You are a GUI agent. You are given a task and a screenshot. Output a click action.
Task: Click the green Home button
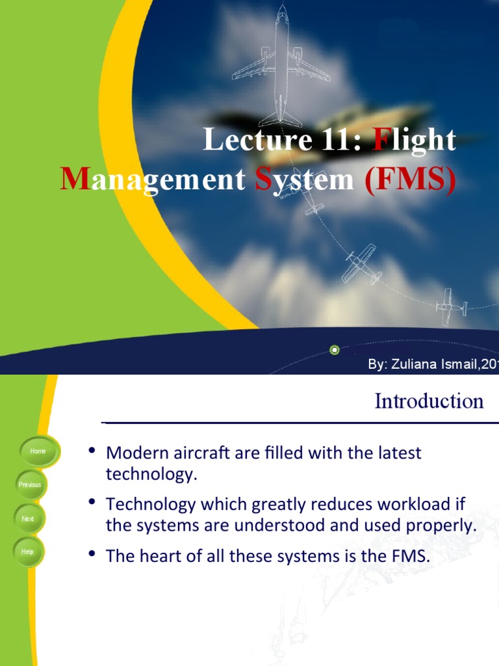[x=38, y=451]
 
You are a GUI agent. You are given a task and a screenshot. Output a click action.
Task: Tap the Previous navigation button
[x=30, y=485]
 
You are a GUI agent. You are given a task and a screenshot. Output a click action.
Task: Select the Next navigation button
[x=28, y=519]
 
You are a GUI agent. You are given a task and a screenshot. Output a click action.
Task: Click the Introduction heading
[x=429, y=401]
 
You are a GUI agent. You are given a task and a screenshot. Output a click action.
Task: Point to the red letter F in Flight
[x=380, y=140]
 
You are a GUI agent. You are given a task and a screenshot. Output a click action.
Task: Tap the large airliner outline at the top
[x=281, y=65]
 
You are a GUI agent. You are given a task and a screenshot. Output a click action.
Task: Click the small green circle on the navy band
[x=335, y=350]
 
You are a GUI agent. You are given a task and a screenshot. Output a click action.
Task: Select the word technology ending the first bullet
[x=151, y=474]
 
